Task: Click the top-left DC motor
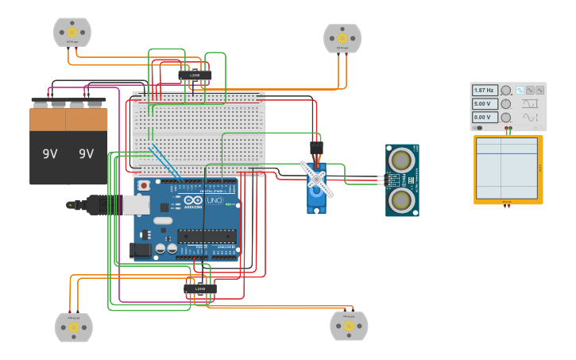coord(72,33)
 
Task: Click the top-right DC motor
coord(342,38)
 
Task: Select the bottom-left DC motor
coord(73,327)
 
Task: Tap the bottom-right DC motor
coord(349,326)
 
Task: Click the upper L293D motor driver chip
coord(195,75)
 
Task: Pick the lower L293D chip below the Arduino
coord(200,288)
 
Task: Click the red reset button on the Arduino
coord(144,186)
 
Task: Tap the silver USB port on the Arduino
coord(136,205)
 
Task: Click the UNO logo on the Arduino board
coord(215,200)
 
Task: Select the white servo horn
coord(317,180)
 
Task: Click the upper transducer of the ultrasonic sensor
coord(402,159)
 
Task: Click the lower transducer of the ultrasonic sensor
coord(402,201)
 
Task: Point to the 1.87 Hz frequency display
coord(485,91)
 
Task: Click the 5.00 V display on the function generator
coord(485,104)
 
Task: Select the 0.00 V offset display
coord(485,118)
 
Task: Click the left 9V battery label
coord(49,154)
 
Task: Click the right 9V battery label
coord(86,154)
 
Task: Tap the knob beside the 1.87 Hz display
coord(505,91)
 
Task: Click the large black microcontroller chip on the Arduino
coord(206,236)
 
